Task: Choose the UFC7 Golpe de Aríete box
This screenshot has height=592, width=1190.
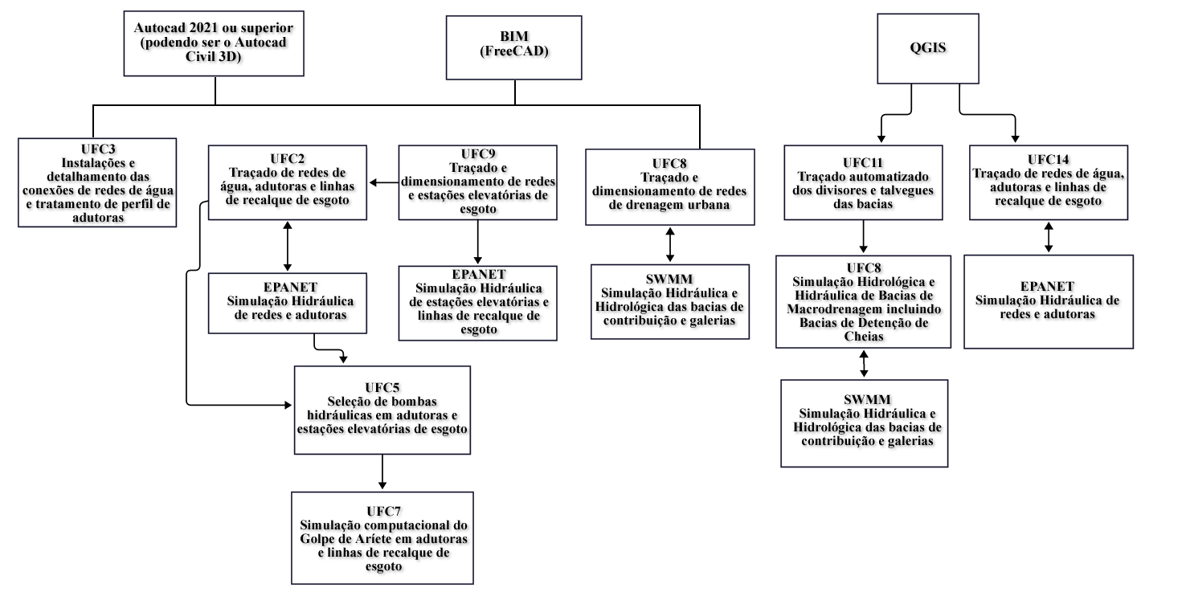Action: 382,538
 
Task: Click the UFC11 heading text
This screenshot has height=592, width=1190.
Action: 863,162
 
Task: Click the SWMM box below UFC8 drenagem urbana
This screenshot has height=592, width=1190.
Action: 669,301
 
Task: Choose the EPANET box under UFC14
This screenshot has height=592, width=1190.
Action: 1048,301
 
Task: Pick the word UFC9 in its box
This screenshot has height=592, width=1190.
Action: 478,153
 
